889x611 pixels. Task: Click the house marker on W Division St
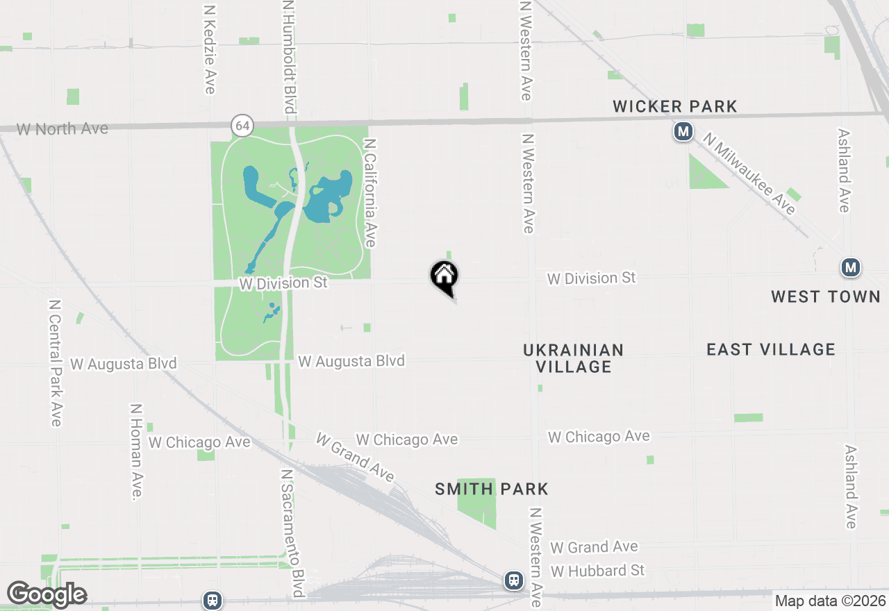444,277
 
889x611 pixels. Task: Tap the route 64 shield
242,126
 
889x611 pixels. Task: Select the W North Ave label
63,128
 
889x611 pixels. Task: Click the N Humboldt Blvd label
290,57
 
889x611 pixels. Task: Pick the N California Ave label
370,192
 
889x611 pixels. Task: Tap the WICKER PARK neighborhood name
674,107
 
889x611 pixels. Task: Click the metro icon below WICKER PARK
683,131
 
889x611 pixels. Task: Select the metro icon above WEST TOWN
850,267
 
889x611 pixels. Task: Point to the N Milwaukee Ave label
749,174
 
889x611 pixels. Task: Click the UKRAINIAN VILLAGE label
574,358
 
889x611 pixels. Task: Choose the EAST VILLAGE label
771,349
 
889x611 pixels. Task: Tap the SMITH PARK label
492,489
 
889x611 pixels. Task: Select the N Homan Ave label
136,451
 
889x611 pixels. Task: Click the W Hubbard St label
598,571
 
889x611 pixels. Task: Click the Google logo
47,594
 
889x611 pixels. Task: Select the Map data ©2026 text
830,601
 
